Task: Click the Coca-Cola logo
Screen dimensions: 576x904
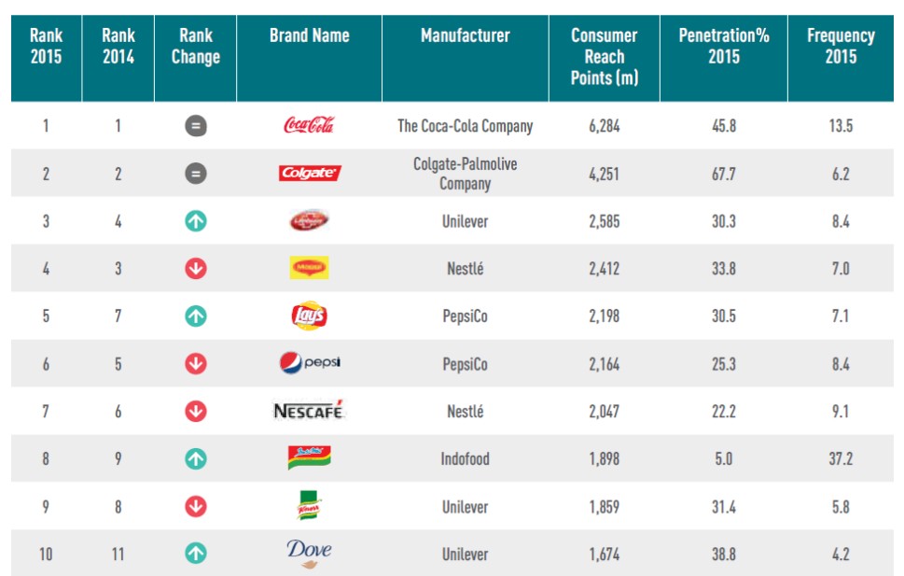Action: coord(308,125)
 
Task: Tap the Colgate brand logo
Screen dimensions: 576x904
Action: coord(309,174)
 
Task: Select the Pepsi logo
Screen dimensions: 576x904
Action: coord(309,363)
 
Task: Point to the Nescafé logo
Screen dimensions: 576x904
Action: coord(309,411)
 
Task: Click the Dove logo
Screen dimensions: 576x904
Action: coord(309,553)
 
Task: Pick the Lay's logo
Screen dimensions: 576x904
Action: coord(309,316)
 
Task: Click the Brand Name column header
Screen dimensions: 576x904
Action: coord(309,36)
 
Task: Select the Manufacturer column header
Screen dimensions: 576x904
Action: coord(465,36)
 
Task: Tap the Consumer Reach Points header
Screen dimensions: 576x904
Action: coord(605,57)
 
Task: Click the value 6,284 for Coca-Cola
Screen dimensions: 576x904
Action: coord(605,126)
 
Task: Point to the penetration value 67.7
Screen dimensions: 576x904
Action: coord(723,174)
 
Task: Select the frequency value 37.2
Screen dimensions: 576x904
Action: coord(841,458)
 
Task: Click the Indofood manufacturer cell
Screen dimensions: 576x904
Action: coord(465,458)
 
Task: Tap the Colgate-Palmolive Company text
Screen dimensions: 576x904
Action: coord(465,174)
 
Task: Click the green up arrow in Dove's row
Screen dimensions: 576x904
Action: coord(195,554)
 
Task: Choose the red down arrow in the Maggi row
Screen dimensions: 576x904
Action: coord(195,269)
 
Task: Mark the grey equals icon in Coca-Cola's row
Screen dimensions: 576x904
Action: coord(195,126)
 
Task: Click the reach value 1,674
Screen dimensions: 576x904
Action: coord(605,554)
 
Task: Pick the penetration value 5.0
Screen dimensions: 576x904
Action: coord(723,458)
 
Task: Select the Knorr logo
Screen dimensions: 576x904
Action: coord(309,505)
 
